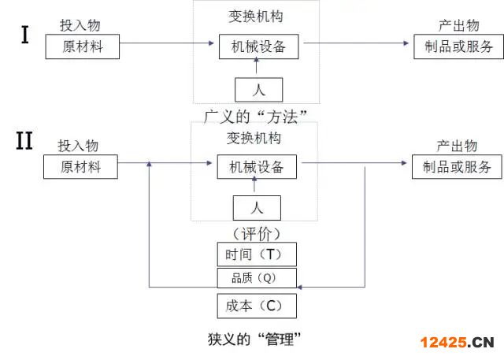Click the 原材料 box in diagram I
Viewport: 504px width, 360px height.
pos(93,46)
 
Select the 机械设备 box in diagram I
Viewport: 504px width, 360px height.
pos(254,46)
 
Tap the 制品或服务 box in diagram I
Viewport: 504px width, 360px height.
pos(459,46)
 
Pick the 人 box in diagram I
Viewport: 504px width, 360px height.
pos(258,89)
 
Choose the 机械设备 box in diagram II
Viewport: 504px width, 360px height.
pos(252,167)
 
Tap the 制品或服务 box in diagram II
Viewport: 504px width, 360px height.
pos(457,167)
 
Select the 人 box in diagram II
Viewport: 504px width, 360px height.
pos(257,208)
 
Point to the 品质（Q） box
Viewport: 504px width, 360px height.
pos(257,277)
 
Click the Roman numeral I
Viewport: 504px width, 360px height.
pos(25,35)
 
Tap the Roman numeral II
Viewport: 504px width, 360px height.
pos(24,142)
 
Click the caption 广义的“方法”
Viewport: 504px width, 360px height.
pos(254,115)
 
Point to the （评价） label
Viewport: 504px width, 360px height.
pos(257,233)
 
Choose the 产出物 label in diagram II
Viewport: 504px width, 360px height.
pos(457,146)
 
